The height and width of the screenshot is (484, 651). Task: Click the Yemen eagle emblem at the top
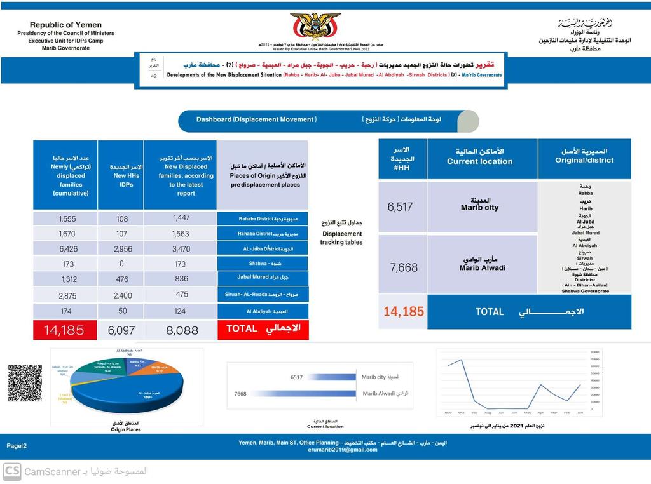click(x=315, y=27)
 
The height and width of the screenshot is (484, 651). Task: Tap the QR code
click(x=25, y=383)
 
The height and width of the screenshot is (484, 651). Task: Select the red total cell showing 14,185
click(x=64, y=330)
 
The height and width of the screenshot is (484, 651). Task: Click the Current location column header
click(x=482, y=156)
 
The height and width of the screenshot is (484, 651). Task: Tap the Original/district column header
click(x=584, y=156)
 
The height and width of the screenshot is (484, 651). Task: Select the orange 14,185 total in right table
click(x=403, y=312)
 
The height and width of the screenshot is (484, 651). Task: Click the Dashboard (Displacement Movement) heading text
click(x=256, y=119)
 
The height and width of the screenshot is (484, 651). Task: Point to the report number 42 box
click(x=153, y=76)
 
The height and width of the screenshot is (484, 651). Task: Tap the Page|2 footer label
click(x=17, y=446)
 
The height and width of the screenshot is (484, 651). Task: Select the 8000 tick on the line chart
click(x=594, y=351)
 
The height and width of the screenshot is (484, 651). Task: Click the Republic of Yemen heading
click(x=65, y=25)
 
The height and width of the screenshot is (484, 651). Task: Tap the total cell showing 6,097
click(x=121, y=330)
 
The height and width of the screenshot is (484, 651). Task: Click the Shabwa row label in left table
click(x=263, y=263)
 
